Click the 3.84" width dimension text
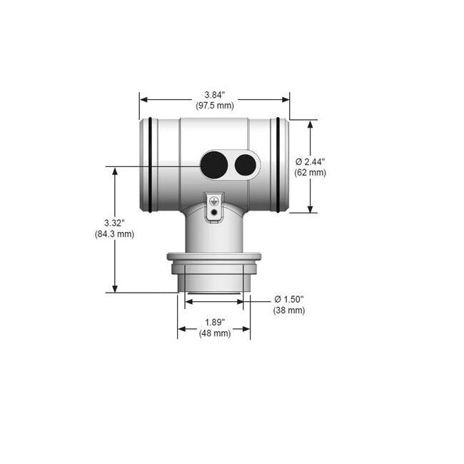click(214, 95)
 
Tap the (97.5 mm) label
click(214, 106)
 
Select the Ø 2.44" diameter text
click(311, 161)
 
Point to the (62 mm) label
click(310, 173)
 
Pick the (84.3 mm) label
click(114, 234)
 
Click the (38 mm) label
click(288, 311)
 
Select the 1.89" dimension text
click(214, 322)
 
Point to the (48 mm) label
click(214, 333)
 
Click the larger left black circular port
click(213, 165)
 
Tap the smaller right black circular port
click(245, 165)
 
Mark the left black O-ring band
click(151, 165)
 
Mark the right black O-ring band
click(278, 165)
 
